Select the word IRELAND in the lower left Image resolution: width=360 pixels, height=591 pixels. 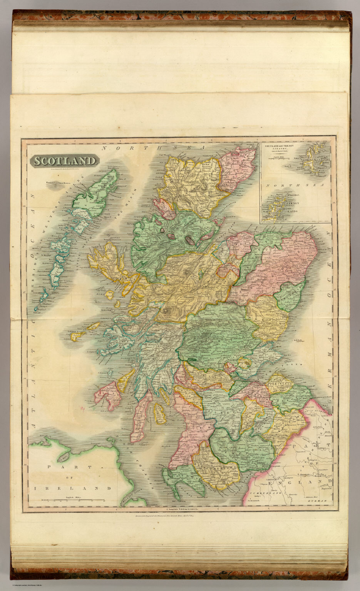coord(73,488)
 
